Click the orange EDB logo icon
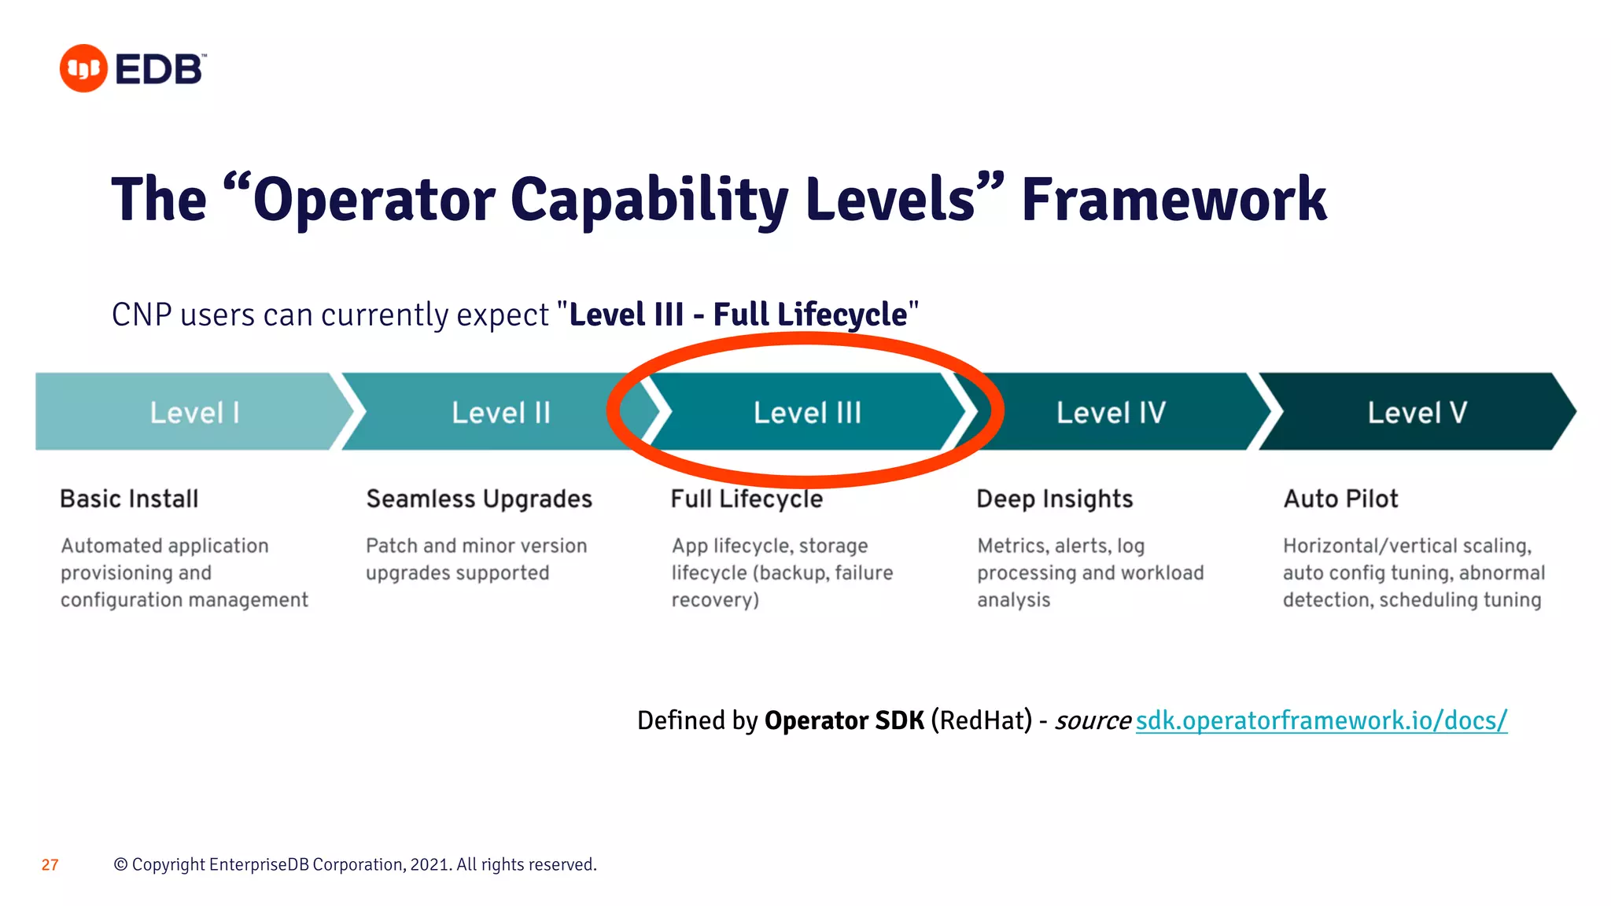point(83,68)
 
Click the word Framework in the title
point(1173,200)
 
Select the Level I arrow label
point(194,413)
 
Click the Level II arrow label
point(501,413)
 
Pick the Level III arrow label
point(807,413)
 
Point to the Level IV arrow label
point(1111,413)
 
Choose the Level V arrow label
point(1417,413)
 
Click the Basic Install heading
point(129,499)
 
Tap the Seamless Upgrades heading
point(479,499)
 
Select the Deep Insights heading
point(1054,499)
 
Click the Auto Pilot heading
point(1340,499)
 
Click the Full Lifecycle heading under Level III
point(747,499)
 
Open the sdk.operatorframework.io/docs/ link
point(1322,720)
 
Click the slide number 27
point(50,865)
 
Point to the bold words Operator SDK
point(844,720)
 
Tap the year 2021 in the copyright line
point(429,865)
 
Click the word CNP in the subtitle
point(142,315)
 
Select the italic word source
point(1092,720)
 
